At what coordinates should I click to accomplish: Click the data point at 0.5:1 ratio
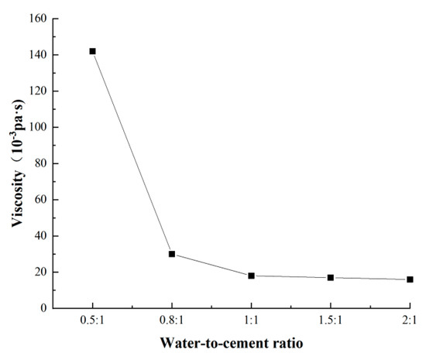pos(93,51)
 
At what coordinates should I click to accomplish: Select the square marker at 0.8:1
pos(172,254)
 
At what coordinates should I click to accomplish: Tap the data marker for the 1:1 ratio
pos(252,276)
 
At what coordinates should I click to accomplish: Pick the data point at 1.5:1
pos(331,277)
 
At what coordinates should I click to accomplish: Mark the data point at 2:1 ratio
pos(410,279)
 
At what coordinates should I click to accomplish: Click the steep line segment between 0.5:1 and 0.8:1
pos(132,153)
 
